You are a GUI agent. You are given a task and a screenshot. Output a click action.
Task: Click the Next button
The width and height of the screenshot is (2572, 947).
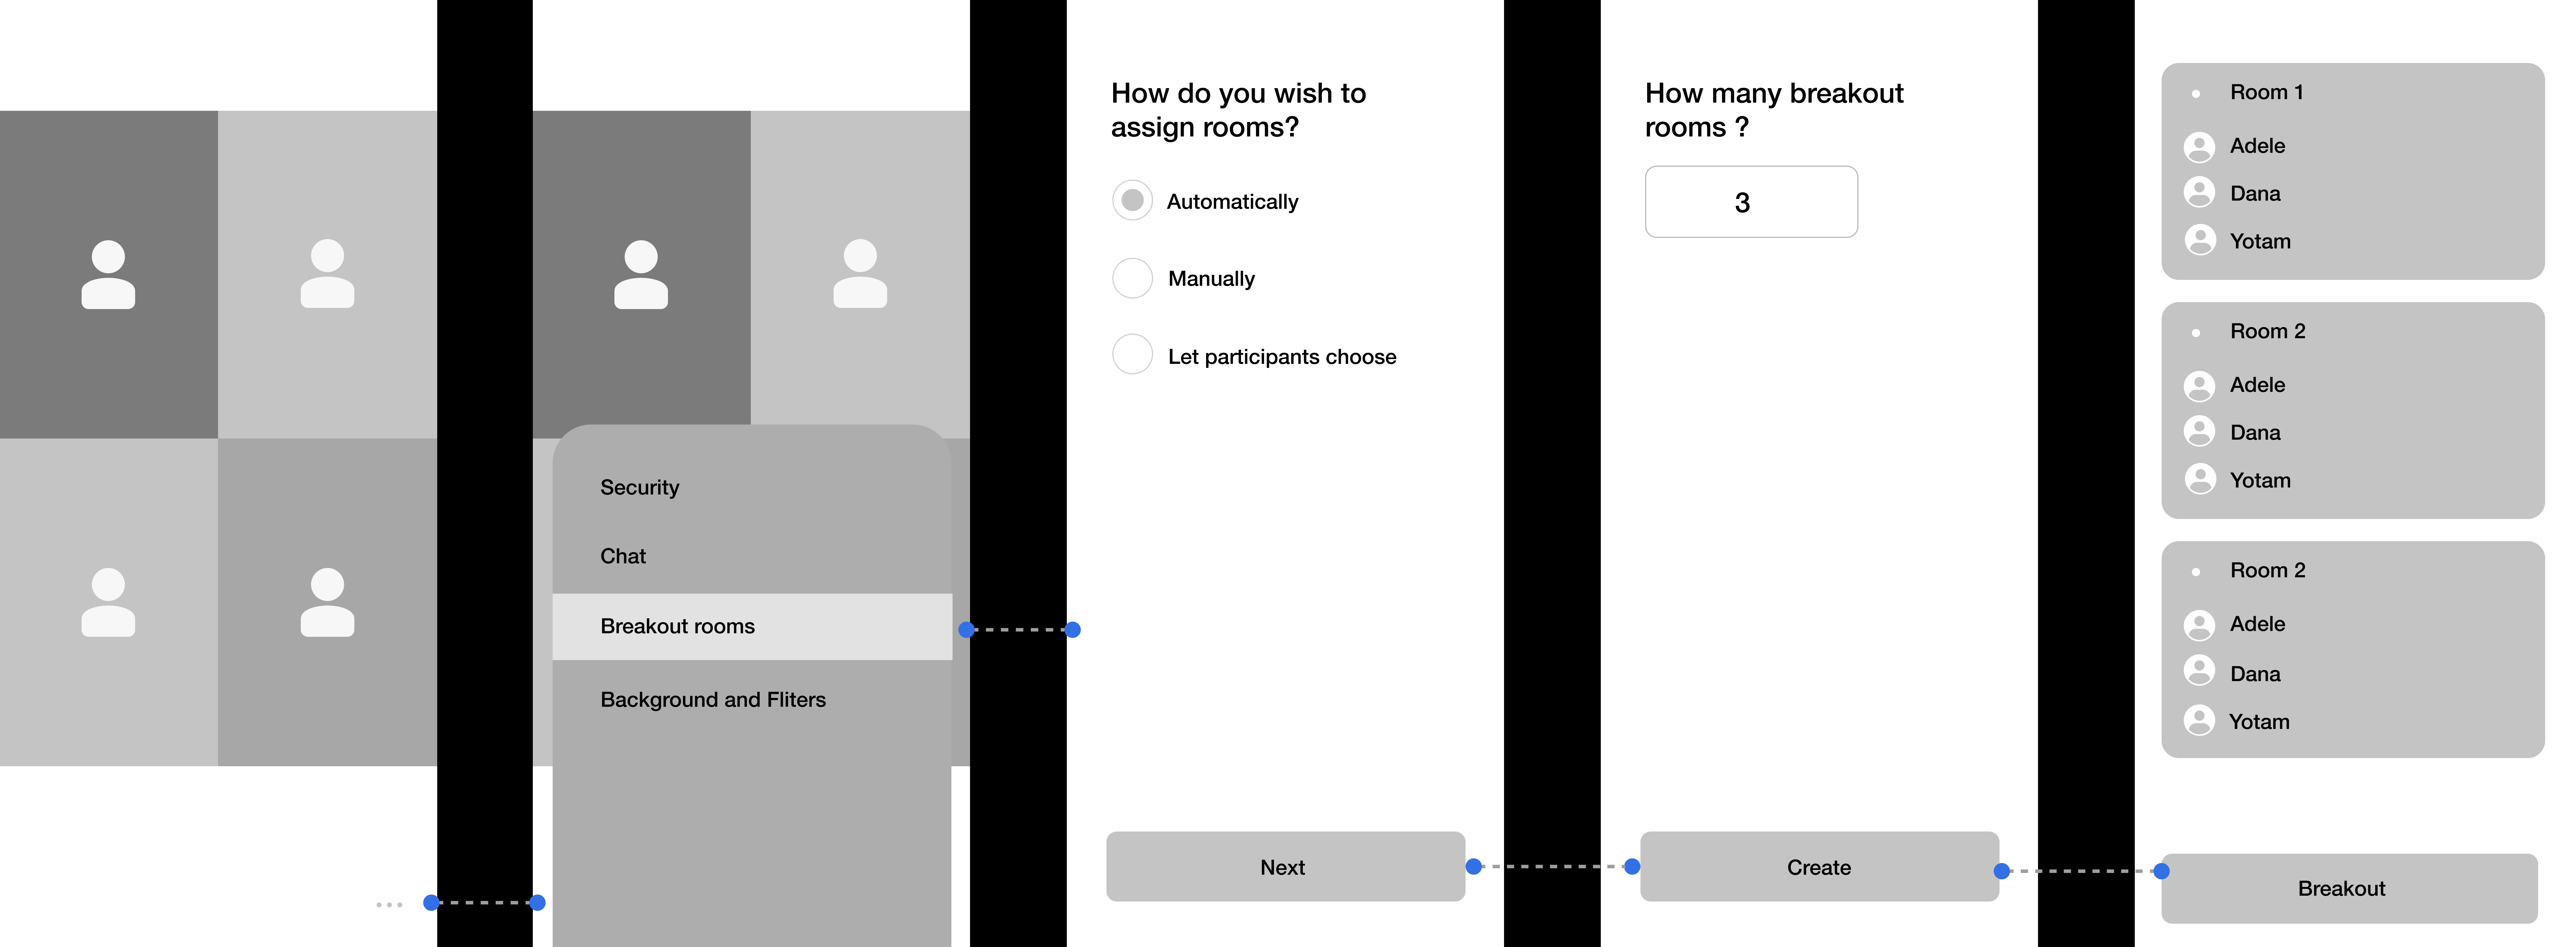[x=1285, y=866]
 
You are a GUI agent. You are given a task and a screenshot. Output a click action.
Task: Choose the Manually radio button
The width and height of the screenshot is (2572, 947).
[x=1132, y=278]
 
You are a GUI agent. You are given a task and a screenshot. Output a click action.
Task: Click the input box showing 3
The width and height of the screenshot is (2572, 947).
[x=1751, y=202]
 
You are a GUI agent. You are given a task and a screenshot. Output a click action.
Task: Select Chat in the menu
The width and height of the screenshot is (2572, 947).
[x=623, y=556]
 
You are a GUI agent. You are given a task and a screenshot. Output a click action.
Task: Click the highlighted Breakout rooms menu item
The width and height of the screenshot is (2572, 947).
[x=752, y=626]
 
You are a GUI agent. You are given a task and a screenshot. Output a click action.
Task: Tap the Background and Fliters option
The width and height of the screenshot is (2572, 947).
[x=713, y=699]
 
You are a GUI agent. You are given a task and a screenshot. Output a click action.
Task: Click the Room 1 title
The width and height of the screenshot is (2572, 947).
[x=2267, y=92]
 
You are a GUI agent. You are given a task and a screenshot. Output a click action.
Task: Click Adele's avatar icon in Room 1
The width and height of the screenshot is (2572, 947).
[x=2199, y=147]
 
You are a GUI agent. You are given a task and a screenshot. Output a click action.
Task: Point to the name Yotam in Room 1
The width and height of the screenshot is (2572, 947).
[x=2260, y=241]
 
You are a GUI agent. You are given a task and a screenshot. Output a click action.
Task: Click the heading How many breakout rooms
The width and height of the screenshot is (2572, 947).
[x=1774, y=110]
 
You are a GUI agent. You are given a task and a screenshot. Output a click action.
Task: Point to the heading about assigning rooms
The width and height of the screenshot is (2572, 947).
[x=1238, y=110]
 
